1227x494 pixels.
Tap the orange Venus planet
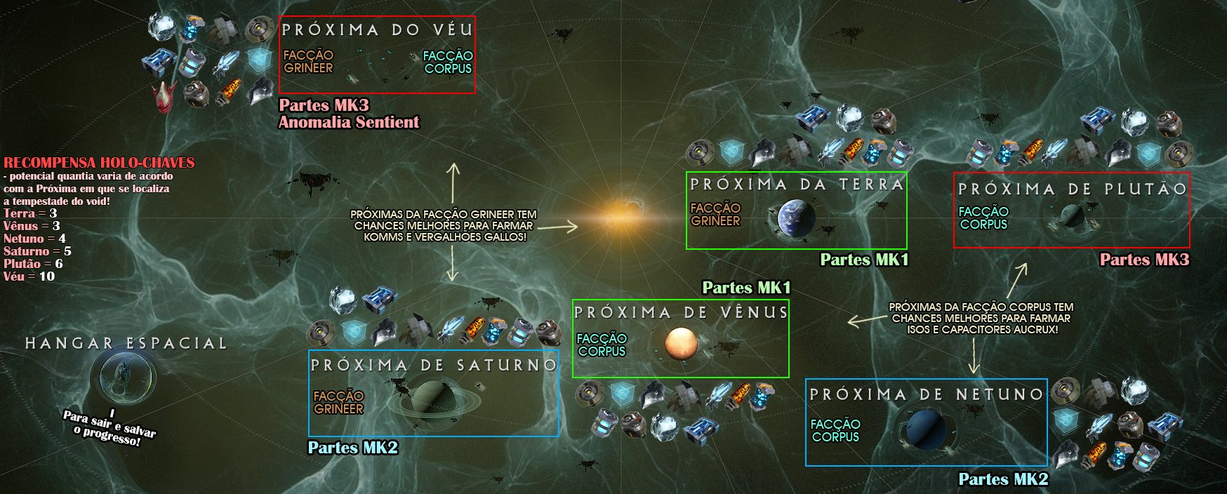point(681,344)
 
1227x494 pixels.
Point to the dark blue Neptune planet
point(925,427)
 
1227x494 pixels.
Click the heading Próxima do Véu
point(378,29)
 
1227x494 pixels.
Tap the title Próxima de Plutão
point(1072,189)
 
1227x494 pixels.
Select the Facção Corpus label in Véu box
point(448,62)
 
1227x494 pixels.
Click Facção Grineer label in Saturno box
point(338,402)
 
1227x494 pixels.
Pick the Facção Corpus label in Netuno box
point(835,430)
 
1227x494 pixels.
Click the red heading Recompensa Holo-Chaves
point(99,162)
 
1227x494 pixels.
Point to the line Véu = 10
point(29,276)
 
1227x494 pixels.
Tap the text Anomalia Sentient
point(349,122)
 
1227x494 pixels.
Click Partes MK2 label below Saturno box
point(353,448)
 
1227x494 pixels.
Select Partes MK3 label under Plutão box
point(1144,260)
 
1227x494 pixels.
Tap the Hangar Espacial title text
point(126,343)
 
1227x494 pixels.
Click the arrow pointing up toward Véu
point(453,181)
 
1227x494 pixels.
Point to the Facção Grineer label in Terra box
point(715,214)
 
